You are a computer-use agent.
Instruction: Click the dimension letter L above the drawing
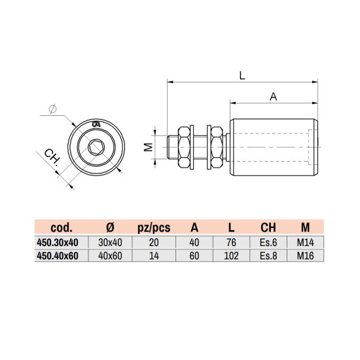coord(242,75)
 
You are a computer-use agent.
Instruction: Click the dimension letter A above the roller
coord(274,96)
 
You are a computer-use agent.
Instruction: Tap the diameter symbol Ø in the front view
coord(52,109)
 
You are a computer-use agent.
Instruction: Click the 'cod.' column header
coord(65,228)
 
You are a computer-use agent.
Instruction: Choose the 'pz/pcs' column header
coord(153,228)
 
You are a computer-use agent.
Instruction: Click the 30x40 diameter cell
coord(110,242)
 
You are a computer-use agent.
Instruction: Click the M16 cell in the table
coord(305,255)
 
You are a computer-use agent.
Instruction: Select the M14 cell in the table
coord(305,242)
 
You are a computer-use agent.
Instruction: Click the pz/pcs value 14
coord(153,255)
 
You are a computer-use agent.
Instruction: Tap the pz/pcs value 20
coord(153,242)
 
